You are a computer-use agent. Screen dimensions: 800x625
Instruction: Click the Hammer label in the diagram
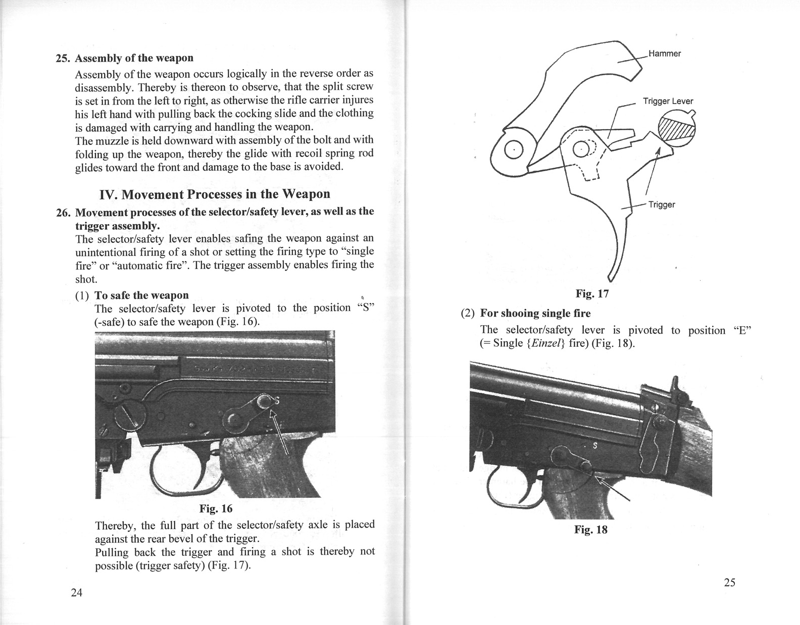coord(665,54)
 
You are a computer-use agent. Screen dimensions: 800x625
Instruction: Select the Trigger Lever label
coord(668,101)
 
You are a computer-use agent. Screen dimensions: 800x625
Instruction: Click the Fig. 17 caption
coord(592,293)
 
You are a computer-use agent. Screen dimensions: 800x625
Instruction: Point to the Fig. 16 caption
coord(216,509)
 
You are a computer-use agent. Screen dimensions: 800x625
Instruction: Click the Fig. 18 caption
coord(590,530)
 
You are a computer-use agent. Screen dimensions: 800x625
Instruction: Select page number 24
coord(76,593)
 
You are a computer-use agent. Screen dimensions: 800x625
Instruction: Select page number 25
coord(730,582)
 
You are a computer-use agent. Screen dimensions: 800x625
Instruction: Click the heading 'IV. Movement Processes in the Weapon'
coord(215,194)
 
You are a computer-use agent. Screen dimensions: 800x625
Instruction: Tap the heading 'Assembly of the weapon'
coord(134,58)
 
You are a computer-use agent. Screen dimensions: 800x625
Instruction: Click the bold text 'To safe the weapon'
coord(141,295)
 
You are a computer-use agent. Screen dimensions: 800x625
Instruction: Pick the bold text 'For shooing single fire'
coord(535,313)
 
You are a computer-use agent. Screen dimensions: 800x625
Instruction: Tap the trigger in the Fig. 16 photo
coord(201,468)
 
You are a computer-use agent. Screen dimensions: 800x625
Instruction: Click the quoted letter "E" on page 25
coord(742,330)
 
